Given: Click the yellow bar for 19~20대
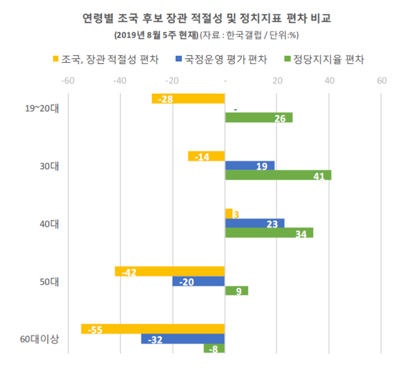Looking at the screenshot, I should [188, 99].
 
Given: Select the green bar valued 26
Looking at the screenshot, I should [258, 118].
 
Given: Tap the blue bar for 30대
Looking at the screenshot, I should [249, 166].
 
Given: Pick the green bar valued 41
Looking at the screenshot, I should [278, 175].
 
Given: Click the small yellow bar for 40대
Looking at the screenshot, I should [229, 214].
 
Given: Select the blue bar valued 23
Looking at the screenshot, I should [255, 223].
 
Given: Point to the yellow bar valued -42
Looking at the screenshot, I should [170, 271].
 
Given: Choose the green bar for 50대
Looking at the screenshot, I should [237, 290].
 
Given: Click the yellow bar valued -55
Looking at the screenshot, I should [153, 329].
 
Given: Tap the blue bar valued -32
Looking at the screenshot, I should [182, 339].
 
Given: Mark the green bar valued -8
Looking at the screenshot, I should [214, 348].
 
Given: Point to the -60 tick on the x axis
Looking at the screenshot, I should [67, 81].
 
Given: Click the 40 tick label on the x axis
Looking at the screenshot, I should [329, 81].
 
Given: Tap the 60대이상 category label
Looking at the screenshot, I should [40, 338].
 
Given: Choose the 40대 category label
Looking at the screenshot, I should [49, 224].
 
